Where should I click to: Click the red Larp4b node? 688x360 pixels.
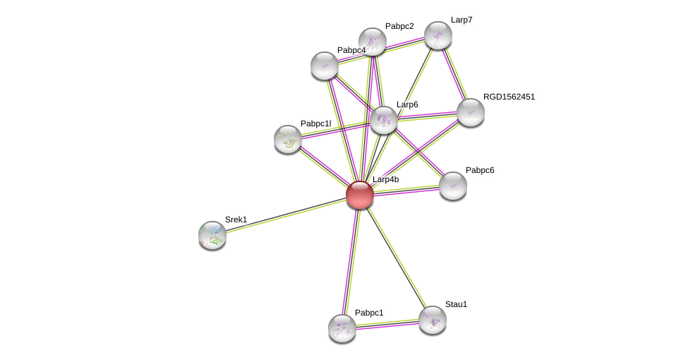(360, 195)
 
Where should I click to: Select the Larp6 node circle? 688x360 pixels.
(384, 120)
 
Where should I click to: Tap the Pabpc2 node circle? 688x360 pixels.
(373, 42)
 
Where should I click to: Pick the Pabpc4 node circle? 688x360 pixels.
(325, 66)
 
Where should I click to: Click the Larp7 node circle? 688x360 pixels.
(438, 35)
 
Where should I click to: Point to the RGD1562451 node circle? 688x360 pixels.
(471, 112)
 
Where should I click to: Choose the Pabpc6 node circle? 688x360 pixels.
(453, 186)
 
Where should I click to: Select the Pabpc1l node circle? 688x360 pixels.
(288, 139)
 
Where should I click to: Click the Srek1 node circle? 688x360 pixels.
(212, 235)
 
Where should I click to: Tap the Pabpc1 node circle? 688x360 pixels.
(342, 328)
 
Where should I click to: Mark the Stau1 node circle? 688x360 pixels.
(433, 320)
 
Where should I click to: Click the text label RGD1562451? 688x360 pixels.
(509, 97)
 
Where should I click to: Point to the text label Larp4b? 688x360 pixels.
(385, 179)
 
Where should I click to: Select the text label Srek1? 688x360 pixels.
(236, 220)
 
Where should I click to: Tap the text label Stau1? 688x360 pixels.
(456, 304)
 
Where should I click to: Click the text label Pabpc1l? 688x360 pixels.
(315, 124)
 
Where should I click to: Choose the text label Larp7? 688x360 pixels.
(461, 20)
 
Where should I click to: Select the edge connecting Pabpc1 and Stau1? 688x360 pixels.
(387, 324)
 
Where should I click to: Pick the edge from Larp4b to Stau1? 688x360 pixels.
(397, 258)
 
